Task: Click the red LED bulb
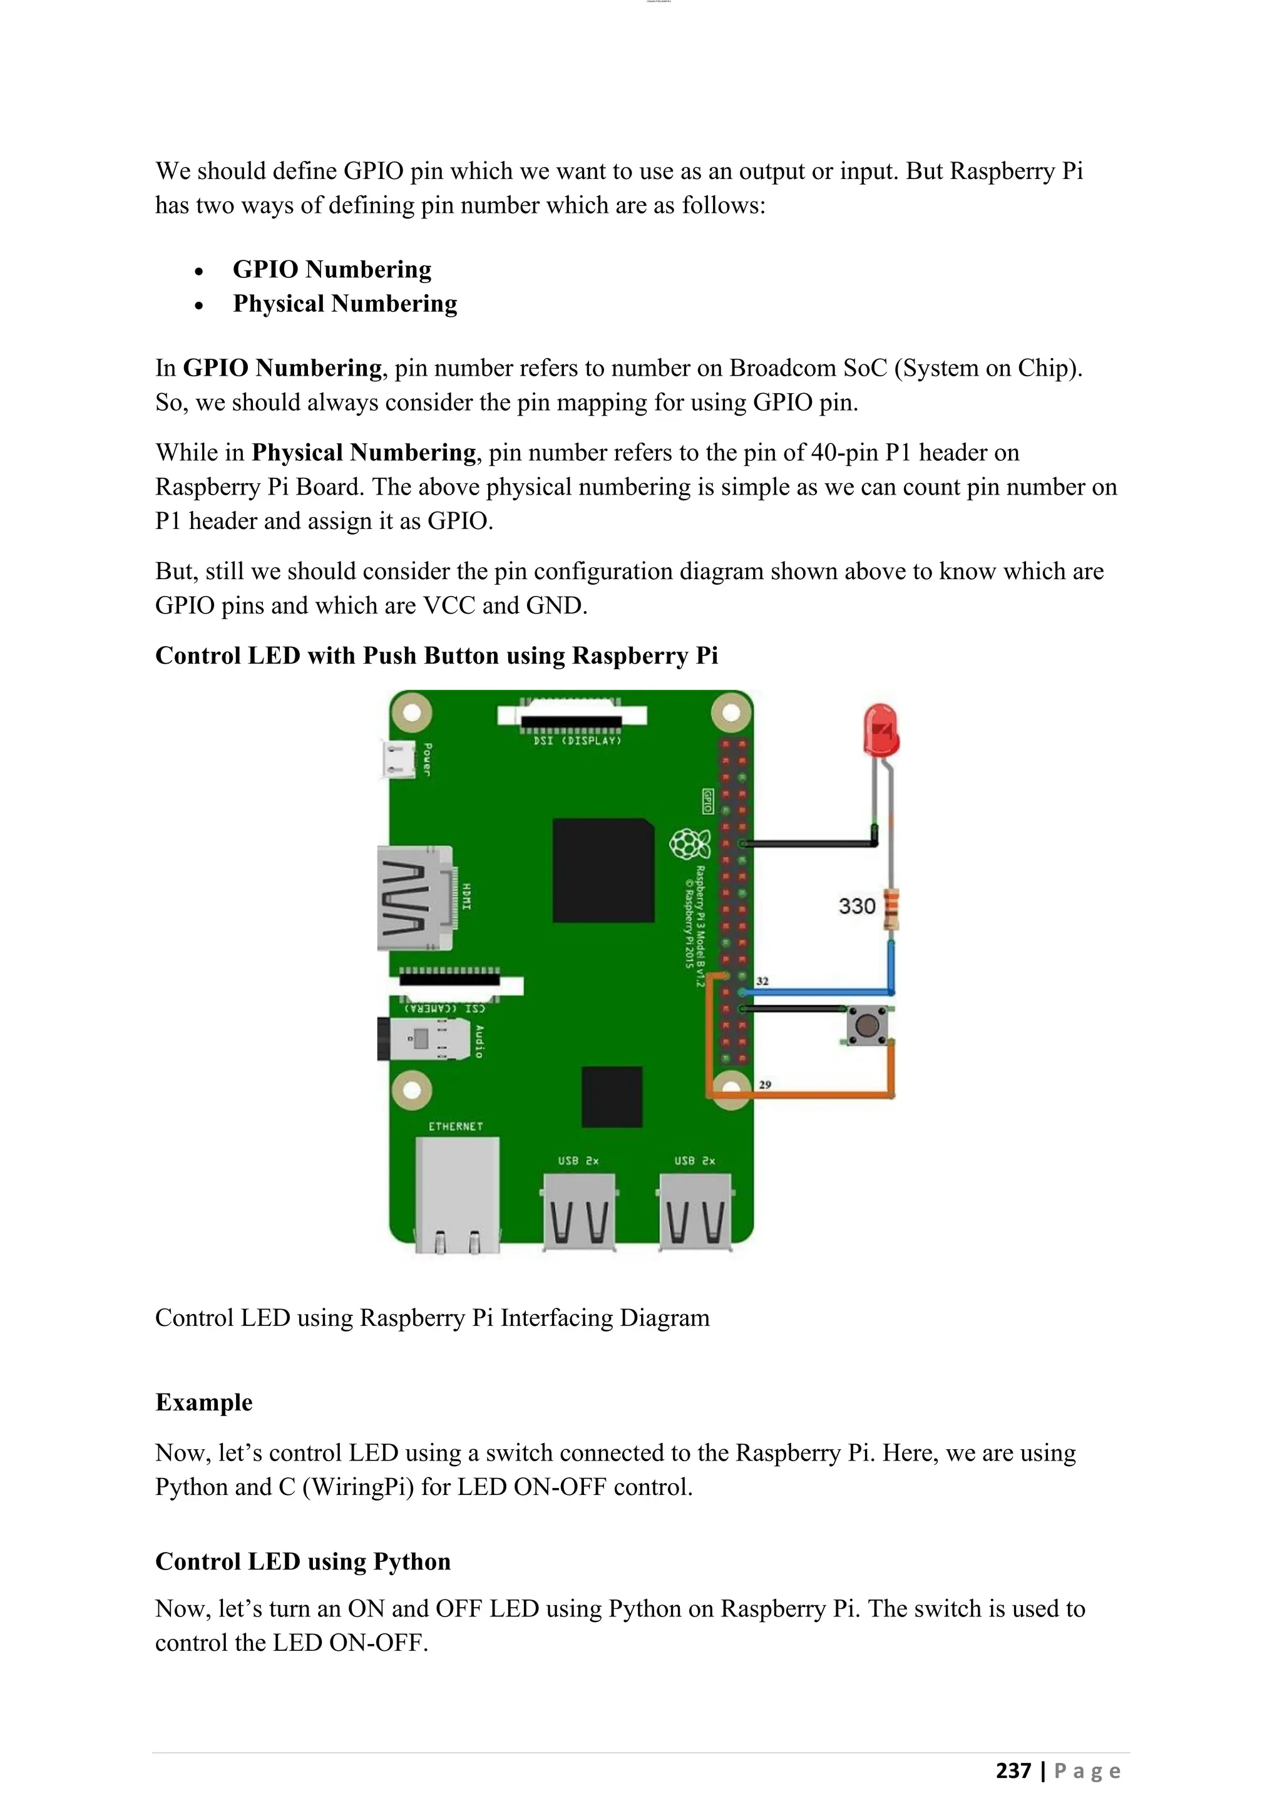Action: [881, 731]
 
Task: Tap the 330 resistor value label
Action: [856, 906]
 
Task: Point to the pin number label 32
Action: [762, 981]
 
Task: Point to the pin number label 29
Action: [764, 1084]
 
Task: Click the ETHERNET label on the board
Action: [456, 1126]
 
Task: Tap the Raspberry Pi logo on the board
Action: [689, 845]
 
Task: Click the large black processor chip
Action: [603, 870]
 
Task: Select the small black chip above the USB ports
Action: [612, 1097]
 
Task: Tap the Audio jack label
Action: [478, 1040]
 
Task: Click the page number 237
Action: [1013, 1770]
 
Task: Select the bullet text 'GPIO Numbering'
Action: [332, 269]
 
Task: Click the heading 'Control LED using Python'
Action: [302, 1561]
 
